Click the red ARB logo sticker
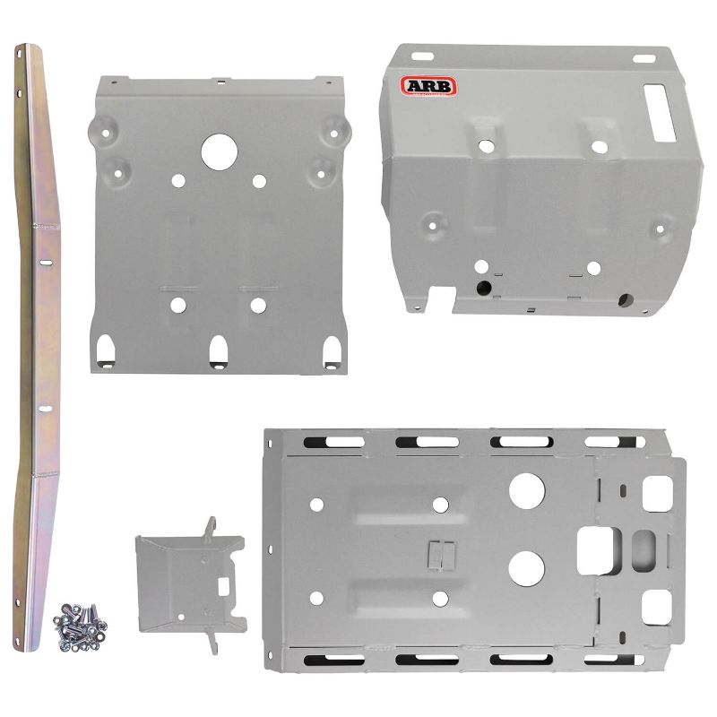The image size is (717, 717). [428, 86]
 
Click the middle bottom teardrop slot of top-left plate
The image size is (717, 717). [219, 350]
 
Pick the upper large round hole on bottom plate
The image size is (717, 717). [527, 489]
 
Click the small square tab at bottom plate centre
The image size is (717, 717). [436, 554]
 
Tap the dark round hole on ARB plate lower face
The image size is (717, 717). [485, 288]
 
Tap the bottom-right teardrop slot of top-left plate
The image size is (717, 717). [332, 348]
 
